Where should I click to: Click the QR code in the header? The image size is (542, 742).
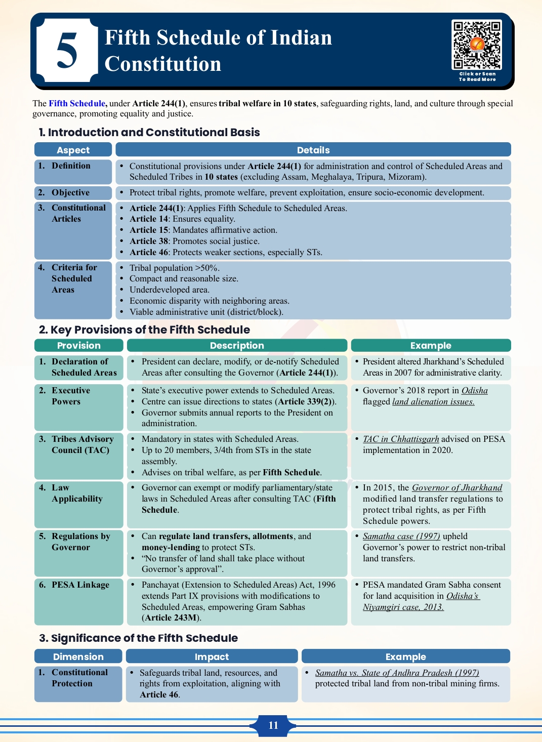click(x=477, y=45)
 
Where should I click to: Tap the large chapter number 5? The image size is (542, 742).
click(x=66, y=51)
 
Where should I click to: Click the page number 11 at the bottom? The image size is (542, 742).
click(x=273, y=725)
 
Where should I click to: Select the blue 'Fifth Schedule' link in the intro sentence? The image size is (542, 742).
click(x=77, y=103)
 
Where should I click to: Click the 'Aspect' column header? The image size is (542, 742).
click(x=73, y=150)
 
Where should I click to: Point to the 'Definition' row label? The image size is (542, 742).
click(x=71, y=166)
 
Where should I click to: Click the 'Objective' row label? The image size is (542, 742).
click(x=70, y=192)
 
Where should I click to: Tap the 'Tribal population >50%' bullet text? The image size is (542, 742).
click(x=174, y=268)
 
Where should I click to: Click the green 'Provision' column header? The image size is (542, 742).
click(x=78, y=345)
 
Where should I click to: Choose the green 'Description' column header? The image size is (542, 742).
click(x=237, y=345)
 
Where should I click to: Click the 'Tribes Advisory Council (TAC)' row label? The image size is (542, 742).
click(x=82, y=444)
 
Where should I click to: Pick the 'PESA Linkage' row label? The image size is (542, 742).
click(x=80, y=585)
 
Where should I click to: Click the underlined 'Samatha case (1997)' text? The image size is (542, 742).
click(x=401, y=536)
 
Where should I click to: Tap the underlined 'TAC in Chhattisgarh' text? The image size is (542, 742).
click(x=401, y=439)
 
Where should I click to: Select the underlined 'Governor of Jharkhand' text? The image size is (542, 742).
click(x=457, y=487)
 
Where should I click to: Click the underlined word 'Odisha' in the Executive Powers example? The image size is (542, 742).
click(x=474, y=390)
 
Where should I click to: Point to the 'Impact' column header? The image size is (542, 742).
click(x=212, y=656)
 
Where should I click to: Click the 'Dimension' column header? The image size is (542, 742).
click(x=78, y=656)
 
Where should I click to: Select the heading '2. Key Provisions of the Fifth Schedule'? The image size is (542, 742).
click(x=144, y=329)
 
